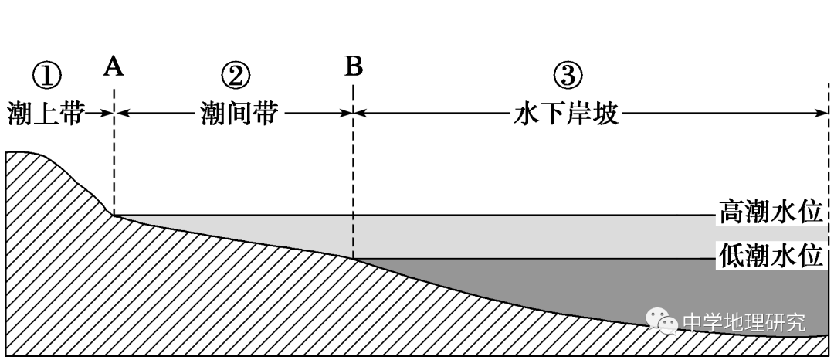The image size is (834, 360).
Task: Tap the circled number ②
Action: tap(236, 76)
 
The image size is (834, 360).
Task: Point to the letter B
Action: tap(353, 68)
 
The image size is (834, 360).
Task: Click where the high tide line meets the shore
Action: tap(115, 216)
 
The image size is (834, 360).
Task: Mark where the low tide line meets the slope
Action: tap(354, 258)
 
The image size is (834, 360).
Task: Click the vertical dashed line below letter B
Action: tap(353, 178)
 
